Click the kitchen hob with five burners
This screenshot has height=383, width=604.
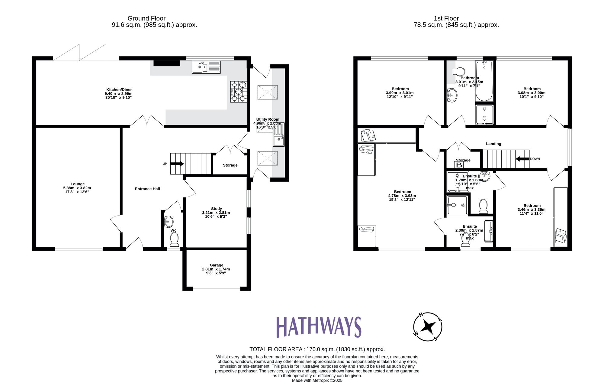pyautogui.click(x=238, y=92)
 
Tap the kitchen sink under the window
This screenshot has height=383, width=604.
pyautogui.click(x=206, y=67)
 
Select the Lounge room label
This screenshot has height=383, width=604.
pyautogui.click(x=78, y=184)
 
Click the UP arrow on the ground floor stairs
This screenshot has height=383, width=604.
pyautogui.click(x=177, y=164)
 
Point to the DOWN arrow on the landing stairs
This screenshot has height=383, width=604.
pyautogui.click(x=522, y=159)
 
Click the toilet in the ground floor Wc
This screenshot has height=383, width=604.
pyautogui.click(x=174, y=240)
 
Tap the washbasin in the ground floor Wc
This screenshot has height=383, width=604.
pyautogui.click(x=169, y=222)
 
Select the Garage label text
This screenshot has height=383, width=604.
pyautogui.click(x=216, y=265)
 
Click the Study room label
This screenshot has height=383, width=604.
pyautogui.click(x=216, y=209)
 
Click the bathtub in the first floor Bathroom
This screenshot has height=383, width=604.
pyautogui.click(x=484, y=81)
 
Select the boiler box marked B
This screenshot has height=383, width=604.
pyautogui.click(x=459, y=165)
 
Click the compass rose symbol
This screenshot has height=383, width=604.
pyautogui.click(x=428, y=327)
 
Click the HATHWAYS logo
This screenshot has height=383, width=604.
pyautogui.click(x=319, y=327)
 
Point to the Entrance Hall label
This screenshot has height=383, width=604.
pyautogui.click(x=147, y=189)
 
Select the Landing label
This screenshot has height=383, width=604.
pyautogui.click(x=493, y=144)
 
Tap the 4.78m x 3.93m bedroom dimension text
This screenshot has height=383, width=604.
pyautogui.click(x=402, y=196)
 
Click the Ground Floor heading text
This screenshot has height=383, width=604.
pyautogui.click(x=146, y=18)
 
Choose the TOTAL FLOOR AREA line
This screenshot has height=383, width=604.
pyautogui.click(x=317, y=349)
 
